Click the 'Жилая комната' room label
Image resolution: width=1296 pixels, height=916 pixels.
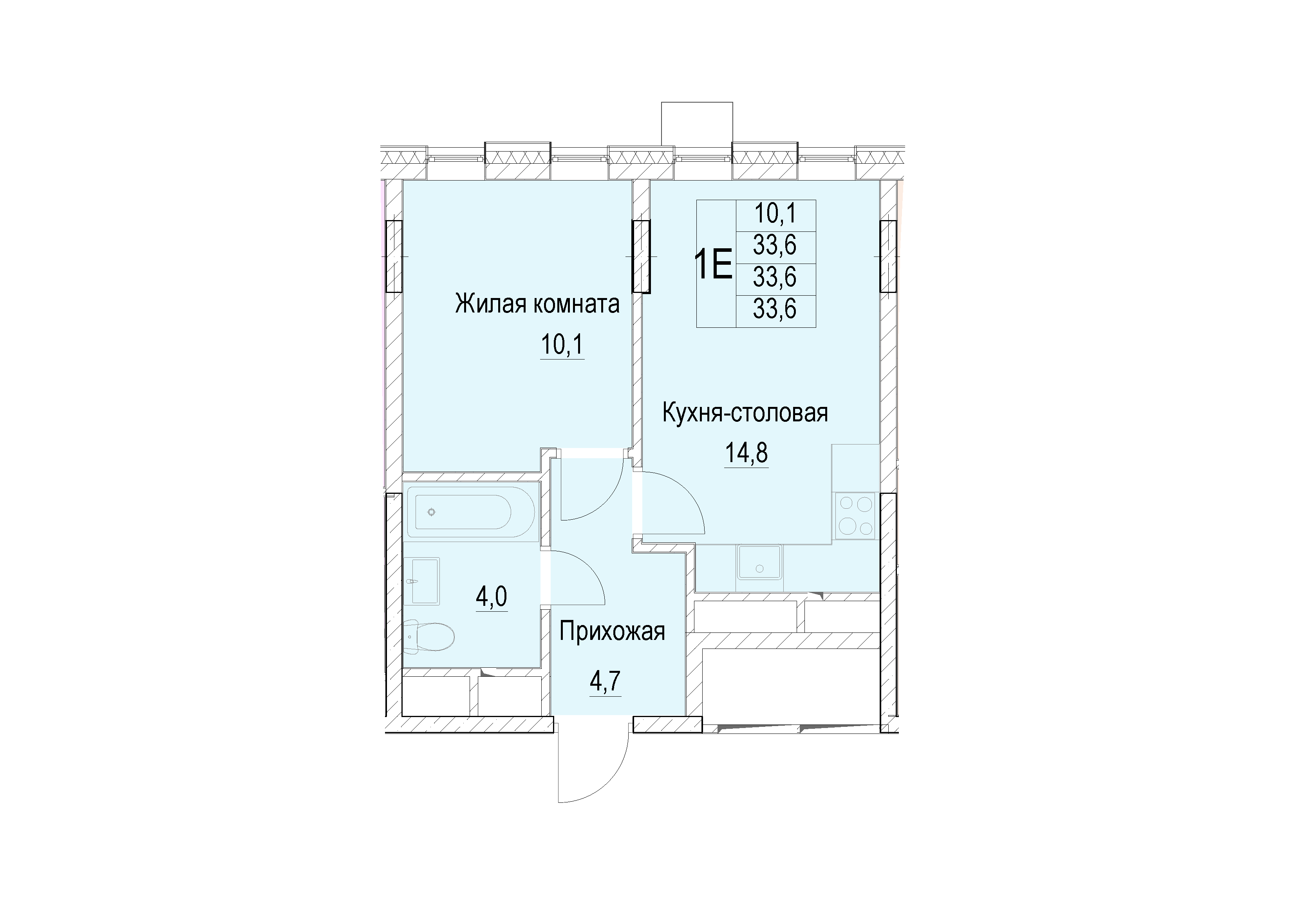pos(537,304)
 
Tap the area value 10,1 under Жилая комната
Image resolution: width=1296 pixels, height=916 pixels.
pos(562,344)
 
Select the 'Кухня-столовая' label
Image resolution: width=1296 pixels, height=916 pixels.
pos(745,413)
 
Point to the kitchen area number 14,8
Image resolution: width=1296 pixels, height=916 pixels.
pos(746,453)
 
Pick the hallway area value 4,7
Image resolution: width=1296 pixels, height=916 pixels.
pos(606,682)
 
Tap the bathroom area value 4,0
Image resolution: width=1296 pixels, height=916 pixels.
pos(492,596)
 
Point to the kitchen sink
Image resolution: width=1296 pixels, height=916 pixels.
pos(759,562)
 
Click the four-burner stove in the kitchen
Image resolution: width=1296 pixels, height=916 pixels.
pos(855,515)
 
